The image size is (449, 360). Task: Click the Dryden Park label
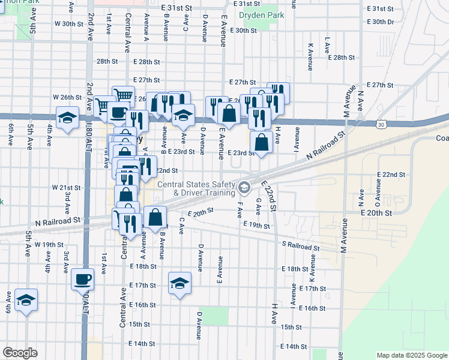[261, 14]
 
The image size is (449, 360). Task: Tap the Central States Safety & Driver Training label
[196, 188]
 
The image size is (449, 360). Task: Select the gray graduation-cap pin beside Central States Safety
[244, 188]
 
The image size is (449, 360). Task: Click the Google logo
[20, 353]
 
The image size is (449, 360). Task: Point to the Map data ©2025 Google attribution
[411, 355]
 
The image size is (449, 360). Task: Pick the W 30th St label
[68, 23]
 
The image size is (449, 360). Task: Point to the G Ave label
[258, 208]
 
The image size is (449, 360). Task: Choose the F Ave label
[240, 209]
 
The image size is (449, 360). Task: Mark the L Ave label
[327, 44]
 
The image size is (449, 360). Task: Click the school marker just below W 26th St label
[67, 118]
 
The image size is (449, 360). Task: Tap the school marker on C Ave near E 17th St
[179, 283]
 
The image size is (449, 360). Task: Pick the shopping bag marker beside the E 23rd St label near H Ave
[261, 143]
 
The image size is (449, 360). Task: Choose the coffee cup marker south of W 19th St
[82, 279]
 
